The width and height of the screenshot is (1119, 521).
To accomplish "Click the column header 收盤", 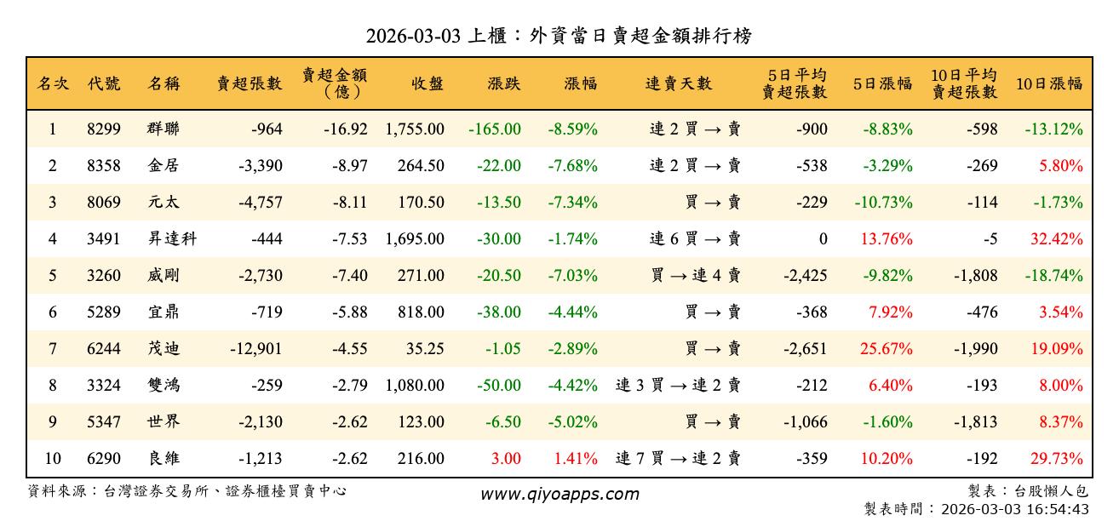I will point(427,83).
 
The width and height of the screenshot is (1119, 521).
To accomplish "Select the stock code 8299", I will point(104,129).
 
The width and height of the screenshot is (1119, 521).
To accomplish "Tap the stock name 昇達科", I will point(172,239).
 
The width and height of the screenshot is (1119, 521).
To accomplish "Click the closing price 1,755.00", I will point(414,129).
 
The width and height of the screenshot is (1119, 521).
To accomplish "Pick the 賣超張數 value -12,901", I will point(255,349).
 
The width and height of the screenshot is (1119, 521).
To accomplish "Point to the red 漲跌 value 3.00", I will point(506,459).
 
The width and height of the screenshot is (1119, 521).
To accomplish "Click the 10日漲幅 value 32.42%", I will point(1056,239).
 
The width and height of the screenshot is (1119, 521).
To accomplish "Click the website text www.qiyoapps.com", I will point(559,495).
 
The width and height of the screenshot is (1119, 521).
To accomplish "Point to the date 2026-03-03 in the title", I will point(414,37).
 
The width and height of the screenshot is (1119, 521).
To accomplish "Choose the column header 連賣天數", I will point(678,83).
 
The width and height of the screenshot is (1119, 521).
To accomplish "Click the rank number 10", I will point(53,459).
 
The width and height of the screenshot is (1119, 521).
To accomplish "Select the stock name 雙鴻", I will point(164,386).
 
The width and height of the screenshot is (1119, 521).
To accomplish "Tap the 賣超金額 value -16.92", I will point(345,129).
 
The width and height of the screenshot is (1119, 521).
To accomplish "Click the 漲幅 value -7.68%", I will point(573,166).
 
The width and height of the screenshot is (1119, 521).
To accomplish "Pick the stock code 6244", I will point(104,349).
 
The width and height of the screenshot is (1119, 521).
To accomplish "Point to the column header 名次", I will point(53,83).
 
